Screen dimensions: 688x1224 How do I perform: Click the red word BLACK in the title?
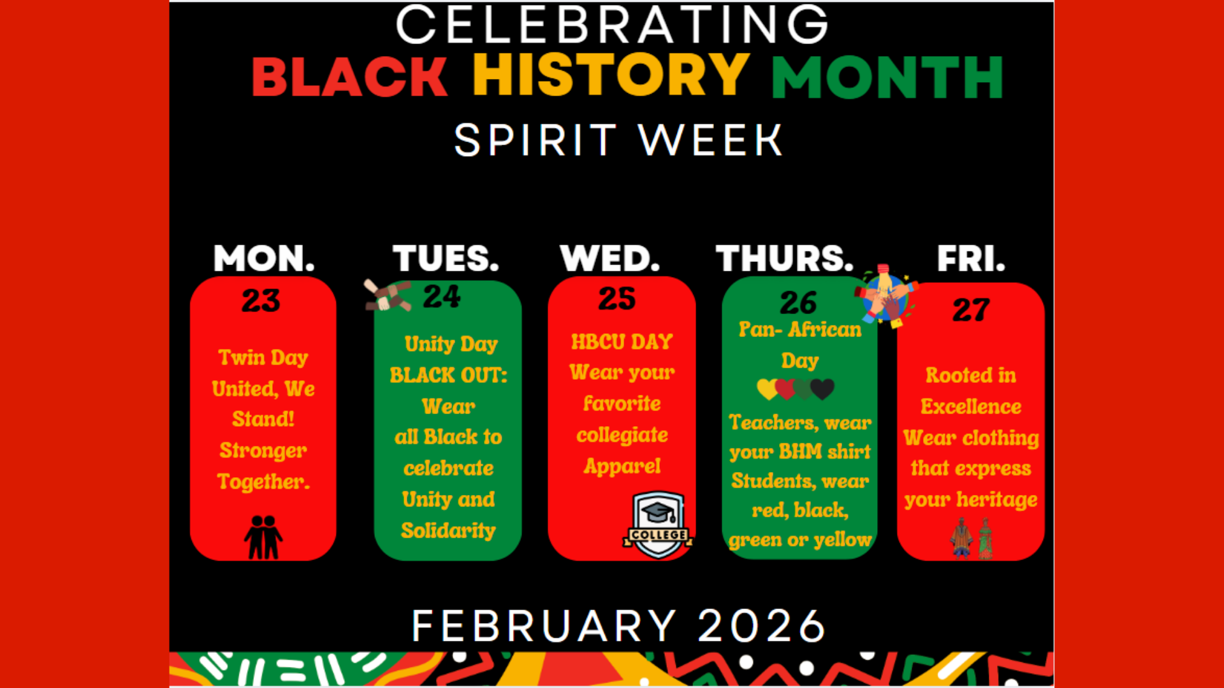[x=349, y=77]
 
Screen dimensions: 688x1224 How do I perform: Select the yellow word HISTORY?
[x=611, y=75]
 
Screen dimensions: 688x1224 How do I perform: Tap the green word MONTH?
[x=887, y=77]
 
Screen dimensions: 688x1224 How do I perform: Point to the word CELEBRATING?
[x=612, y=25]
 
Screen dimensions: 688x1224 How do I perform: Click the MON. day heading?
[x=264, y=259]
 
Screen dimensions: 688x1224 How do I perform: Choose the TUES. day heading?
[x=446, y=259]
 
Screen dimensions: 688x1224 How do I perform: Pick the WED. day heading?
[x=609, y=259]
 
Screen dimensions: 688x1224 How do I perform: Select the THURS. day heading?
[x=784, y=259]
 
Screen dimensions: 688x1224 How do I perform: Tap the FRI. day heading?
[x=970, y=259]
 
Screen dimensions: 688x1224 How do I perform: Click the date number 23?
[x=261, y=301]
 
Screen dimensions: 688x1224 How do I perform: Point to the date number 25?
[x=616, y=299]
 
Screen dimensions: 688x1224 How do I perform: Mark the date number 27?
[x=971, y=310]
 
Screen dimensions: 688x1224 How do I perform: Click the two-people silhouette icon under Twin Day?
[x=263, y=537]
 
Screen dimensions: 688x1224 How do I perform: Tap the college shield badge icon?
[x=658, y=524]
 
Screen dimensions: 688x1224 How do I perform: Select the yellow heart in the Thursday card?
[x=767, y=389]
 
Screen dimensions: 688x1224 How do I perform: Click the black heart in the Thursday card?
[x=823, y=388]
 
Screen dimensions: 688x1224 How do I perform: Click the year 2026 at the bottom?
[x=761, y=626]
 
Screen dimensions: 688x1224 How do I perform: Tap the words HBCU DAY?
[x=622, y=342]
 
